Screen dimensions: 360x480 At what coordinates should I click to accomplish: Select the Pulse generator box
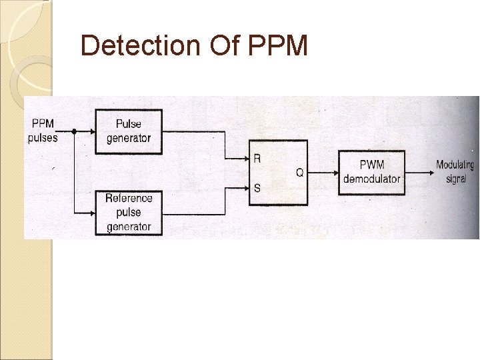click(x=129, y=131)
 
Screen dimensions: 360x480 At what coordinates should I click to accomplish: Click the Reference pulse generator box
click(x=129, y=212)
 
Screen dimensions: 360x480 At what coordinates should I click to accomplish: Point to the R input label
click(x=257, y=159)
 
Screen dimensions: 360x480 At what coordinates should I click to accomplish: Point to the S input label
click(x=257, y=188)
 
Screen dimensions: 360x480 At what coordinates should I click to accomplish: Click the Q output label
click(x=299, y=173)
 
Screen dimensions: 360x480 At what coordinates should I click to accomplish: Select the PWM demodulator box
click(x=371, y=172)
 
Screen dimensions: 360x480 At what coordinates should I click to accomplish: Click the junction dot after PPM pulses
click(x=73, y=131)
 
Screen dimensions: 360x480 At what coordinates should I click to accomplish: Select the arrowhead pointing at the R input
click(x=245, y=159)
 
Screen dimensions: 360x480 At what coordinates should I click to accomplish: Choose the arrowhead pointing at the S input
click(x=245, y=188)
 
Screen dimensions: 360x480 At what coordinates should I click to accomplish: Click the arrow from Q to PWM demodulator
click(x=324, y=173)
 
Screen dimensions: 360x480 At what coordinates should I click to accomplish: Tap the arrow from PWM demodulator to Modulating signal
click(x=419, y=172)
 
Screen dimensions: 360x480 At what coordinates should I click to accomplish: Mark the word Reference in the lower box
click(x=129, y=198)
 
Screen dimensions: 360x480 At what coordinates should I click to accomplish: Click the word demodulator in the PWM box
click(x=371, y=179)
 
